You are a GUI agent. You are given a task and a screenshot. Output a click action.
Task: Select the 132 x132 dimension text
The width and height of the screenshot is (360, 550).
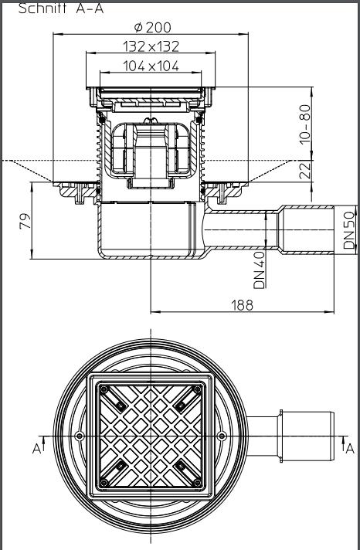pos(152,47)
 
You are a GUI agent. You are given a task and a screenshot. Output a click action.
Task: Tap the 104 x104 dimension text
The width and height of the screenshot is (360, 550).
pos(152,66)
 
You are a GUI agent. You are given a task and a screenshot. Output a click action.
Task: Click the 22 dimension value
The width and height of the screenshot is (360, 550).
pos(306,170)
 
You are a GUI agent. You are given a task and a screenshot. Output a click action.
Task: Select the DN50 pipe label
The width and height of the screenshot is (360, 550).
pos(349,229)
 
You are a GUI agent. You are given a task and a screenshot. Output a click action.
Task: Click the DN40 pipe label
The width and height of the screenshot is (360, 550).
pos(260,268)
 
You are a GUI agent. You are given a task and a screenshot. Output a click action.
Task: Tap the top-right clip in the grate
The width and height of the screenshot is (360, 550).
pos(179,404)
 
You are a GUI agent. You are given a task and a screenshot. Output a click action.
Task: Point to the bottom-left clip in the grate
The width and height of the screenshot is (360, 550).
pos(121,465)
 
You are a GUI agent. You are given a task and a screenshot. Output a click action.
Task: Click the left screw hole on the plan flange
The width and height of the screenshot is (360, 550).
pos(80,436)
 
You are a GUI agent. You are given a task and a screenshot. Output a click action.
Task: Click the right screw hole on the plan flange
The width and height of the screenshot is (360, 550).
pos(222,436)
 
